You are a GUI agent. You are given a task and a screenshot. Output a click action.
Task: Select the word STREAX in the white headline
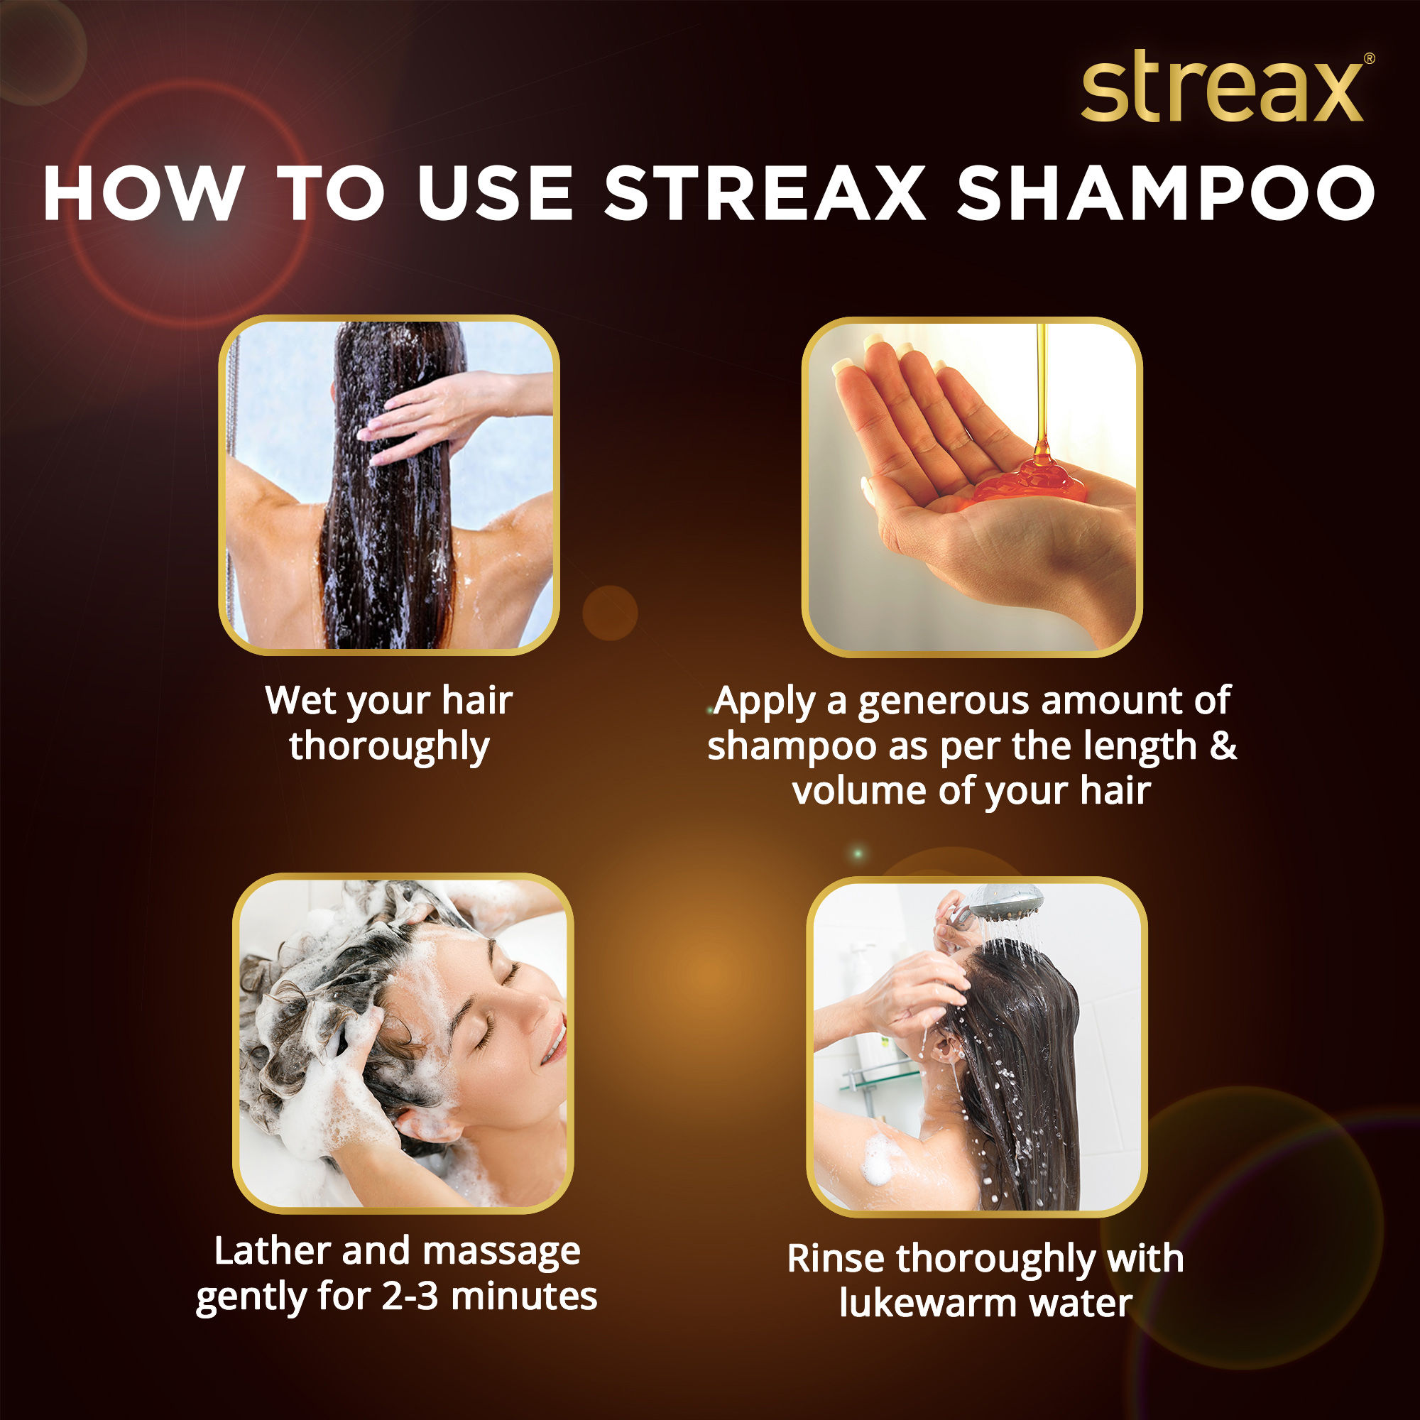click(765, 193)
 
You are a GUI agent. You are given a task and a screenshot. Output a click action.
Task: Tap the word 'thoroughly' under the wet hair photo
click(389, 747)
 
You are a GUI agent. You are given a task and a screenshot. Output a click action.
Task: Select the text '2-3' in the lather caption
click(410, 1296)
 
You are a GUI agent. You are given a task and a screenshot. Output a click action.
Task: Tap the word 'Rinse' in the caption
click(835, 1258)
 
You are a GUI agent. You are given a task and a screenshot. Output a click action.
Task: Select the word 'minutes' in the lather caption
click(523, 1296)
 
